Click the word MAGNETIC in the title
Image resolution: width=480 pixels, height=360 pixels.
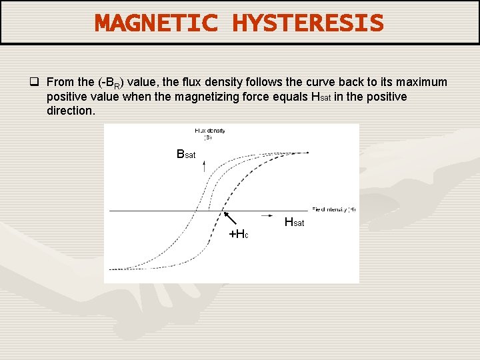point(156,23)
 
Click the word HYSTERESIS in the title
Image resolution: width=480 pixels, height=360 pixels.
point(308,23)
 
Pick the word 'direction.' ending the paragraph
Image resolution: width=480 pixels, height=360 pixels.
point(71,111)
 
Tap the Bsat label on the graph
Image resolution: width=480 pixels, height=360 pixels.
point(186,155)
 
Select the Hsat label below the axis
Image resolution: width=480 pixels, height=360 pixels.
point(294,222)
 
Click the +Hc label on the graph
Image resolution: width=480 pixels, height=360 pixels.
point(239,234)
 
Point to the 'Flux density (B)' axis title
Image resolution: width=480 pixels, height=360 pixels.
point(209,134)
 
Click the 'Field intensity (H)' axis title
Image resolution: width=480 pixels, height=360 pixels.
point(333,209)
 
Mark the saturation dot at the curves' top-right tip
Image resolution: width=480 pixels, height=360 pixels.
point(308,153)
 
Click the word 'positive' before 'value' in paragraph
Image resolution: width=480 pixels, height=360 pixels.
point(67,97)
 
